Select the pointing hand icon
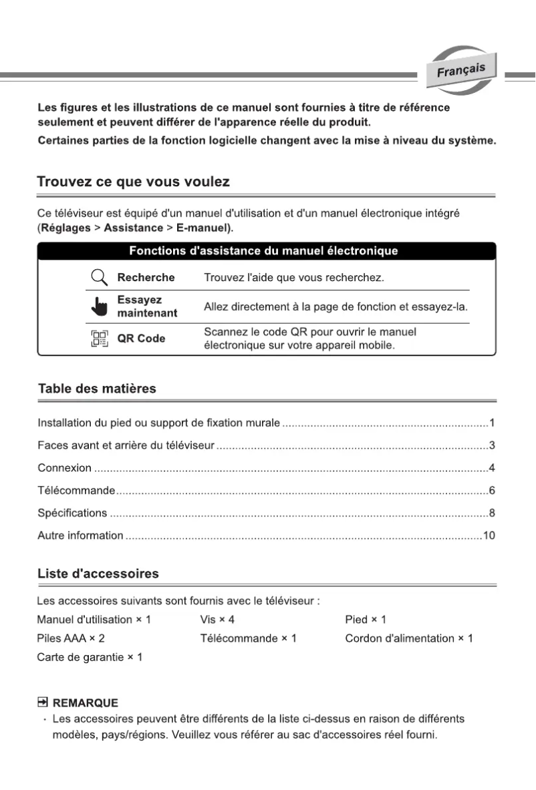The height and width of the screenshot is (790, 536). click(100, 308)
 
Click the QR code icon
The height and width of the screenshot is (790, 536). click(100, 339)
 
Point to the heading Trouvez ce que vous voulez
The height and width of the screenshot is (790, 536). click(133, 182)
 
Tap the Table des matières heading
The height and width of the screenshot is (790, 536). click(97, 389)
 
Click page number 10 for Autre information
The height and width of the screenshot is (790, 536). click(489, 536)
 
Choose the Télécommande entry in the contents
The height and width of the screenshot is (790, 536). click(76, 491)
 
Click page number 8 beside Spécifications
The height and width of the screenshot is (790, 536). click(491, 514)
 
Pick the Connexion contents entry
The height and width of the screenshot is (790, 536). click(64, 468)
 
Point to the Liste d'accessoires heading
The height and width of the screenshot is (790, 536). click(98, 574)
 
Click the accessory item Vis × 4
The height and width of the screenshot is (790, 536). click(217, 620)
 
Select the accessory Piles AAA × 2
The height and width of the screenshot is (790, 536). click(71, 638)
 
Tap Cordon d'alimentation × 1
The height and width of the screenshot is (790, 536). click(408, 638)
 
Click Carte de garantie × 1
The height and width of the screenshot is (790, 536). click(90, 658)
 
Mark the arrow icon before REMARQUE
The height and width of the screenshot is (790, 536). click(43, 703)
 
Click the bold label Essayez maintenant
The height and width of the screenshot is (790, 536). click(147, 307)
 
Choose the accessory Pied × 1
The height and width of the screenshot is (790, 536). click(365, 620)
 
